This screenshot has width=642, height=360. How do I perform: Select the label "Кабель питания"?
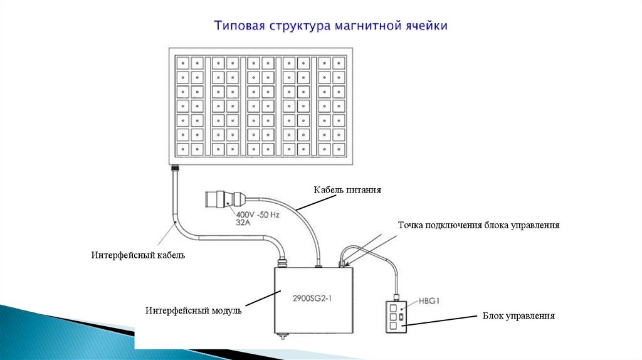pos(347,189)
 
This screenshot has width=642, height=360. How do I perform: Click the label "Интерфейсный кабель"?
pos(138,255)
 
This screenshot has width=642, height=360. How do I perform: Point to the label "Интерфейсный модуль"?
pos(193,310)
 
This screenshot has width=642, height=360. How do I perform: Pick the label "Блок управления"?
pos(518,315)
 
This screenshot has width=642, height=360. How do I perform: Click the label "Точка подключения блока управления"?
pos(478,225)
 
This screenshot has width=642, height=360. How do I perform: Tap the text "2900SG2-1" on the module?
pos(312,298)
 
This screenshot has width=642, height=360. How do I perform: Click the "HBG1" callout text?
pos(429,301)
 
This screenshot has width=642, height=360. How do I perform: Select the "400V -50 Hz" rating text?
pos(258,214)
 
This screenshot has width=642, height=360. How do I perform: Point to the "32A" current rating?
pos(243,223)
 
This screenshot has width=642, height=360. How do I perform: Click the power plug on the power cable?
pos(226,199)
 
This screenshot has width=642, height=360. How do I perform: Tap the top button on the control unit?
pos(394,307)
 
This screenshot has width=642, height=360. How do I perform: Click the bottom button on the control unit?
pos(394,326)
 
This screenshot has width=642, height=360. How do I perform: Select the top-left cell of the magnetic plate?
pos(182,63)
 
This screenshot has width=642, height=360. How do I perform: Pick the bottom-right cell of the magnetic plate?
pos(338,149)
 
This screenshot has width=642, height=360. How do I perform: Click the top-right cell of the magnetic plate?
pos(338,63)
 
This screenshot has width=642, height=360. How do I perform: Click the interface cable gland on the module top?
pos(282,262)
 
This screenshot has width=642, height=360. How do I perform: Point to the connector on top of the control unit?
pos(396,297)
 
